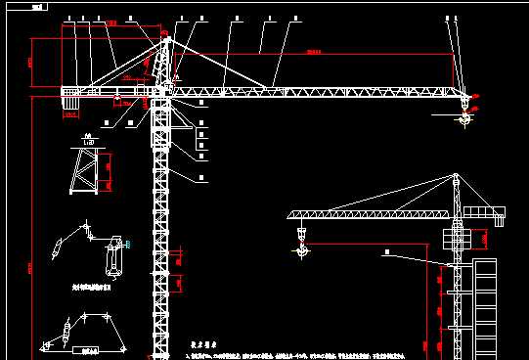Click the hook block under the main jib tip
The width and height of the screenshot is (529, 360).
coord(464,119)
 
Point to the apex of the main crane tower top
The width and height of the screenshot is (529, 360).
coord(163,35)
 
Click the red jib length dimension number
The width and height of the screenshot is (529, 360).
coord(313,51)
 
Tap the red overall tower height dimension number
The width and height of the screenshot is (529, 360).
coord(31,266)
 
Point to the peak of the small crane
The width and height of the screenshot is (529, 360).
coord(456,175)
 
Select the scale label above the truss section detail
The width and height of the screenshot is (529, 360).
coord(88,137)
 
